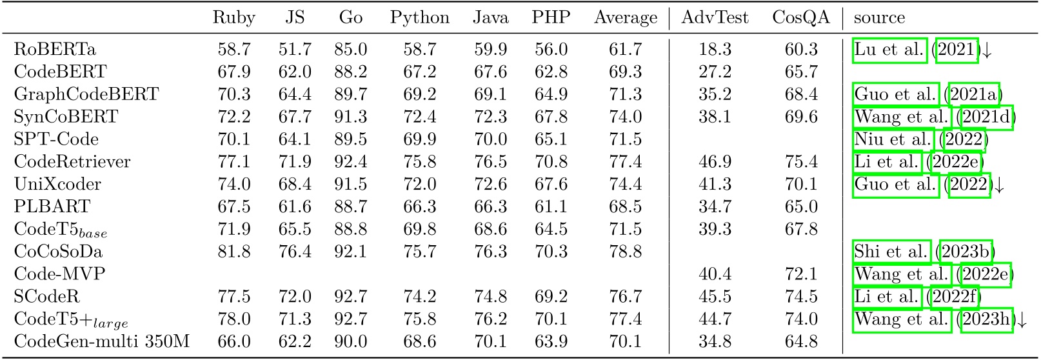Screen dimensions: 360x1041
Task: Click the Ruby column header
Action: [x=233, y=18]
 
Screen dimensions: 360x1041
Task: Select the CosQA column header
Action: [x=801, y=18]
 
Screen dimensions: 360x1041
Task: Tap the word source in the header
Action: [x=879, y=18]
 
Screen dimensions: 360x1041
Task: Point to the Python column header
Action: [x=419, y=18]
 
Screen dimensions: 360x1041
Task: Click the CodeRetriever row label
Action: [x=72, y=161]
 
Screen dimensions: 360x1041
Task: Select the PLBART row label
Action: [x=52, y=206]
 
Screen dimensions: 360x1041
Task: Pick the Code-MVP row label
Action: [x=59, y=274]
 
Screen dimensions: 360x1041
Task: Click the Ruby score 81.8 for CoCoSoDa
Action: [x=233, y=252]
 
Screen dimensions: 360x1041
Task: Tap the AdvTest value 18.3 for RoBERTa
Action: [x=715, y=49]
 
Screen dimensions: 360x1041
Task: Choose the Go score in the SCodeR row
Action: [x=351, y=297]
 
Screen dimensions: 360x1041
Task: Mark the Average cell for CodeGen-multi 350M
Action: [x=625, y=341]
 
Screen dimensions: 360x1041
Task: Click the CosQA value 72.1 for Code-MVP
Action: [x=801, y=274]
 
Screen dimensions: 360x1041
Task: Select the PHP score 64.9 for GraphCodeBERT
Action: [x=551, y=94]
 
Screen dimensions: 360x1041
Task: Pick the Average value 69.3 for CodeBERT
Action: [x=625, y=72]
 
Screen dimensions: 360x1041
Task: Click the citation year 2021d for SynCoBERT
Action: [x=986, y=117]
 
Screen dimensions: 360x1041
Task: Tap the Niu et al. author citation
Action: [x=893, y=139]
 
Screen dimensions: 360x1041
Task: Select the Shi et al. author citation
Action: [x=891, y=252]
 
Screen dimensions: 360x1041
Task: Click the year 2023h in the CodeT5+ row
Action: [x=986, y=319]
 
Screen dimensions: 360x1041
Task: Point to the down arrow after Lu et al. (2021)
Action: [x=986, y=50]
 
